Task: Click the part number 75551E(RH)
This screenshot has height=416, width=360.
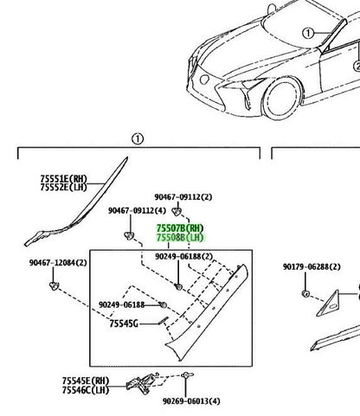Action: click(64, 179)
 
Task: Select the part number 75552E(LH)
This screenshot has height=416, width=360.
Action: click(64, 188)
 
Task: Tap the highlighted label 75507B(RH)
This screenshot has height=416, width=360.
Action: click(180, 228)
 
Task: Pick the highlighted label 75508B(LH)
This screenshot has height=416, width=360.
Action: click(180, 238)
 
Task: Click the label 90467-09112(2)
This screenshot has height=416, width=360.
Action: click(183, 197)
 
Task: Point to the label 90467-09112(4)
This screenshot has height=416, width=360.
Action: click(137, 211)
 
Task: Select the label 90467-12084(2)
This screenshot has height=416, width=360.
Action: click(58, 263)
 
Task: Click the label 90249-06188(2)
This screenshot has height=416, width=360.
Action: click(184, 256)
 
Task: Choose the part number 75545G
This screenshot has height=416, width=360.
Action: click(124, 323)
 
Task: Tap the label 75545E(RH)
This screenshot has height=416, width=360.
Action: click(86, 381)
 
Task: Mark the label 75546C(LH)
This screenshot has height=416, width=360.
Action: click(86, 390)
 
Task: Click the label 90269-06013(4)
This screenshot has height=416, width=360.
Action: click(191, 401)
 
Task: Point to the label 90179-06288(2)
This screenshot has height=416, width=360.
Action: click(312, 267)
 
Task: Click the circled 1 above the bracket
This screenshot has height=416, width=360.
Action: click(138, 139)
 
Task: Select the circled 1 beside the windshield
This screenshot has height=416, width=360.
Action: click(308, 33)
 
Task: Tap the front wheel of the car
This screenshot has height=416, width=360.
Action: click(280, 98)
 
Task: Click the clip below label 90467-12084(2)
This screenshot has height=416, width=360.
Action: click(54, 285)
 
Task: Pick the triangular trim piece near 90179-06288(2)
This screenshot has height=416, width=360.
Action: click(328, 304)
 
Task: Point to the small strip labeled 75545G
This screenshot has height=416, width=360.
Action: click(163, 321)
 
